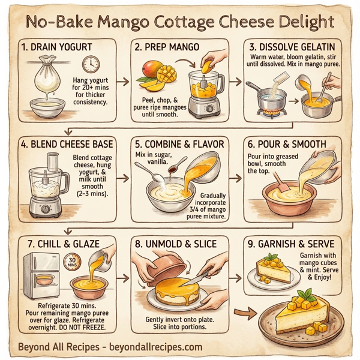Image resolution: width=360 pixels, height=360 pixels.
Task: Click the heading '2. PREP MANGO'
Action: point(167,47)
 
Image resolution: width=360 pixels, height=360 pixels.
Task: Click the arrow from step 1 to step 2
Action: point(122,79)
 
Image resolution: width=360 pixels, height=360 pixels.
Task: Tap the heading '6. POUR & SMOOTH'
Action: point(286,145)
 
